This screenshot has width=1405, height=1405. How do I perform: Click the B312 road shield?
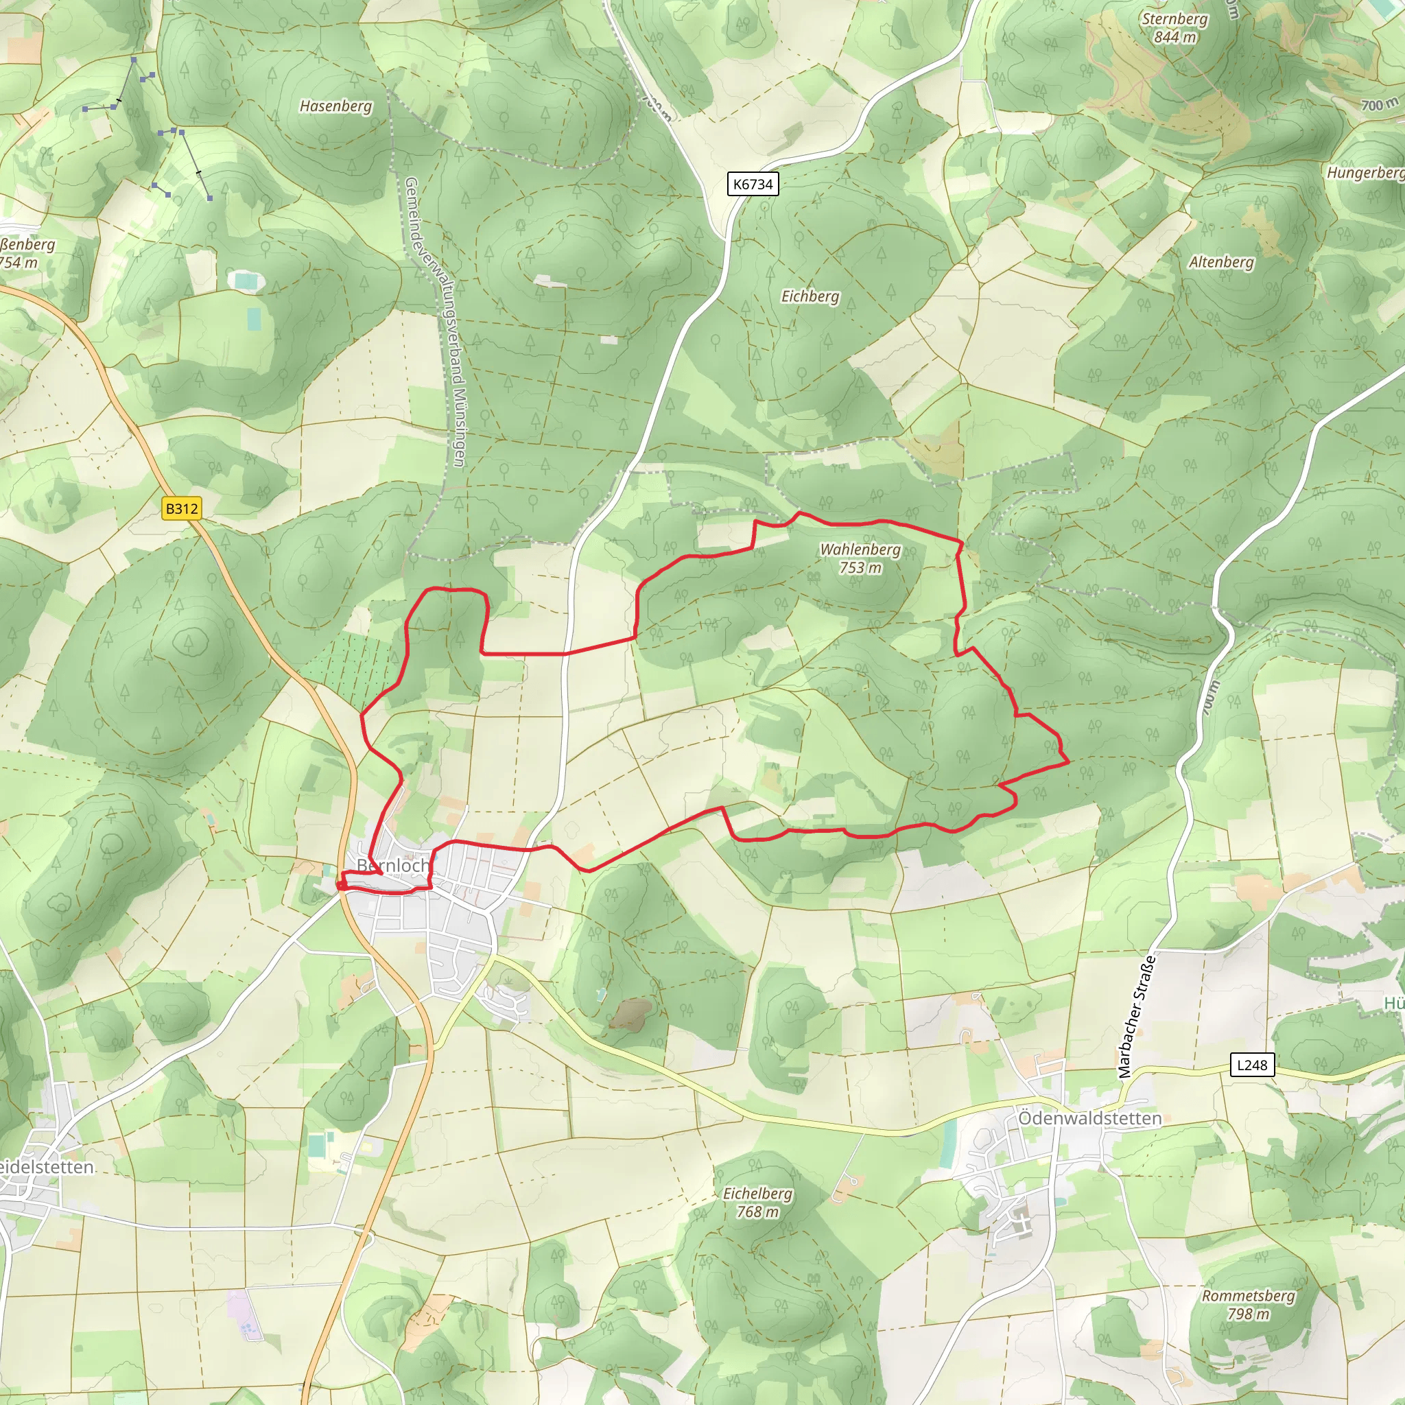(x=181, y=508)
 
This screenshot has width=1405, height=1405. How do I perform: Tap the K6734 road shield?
(x=753, y=184)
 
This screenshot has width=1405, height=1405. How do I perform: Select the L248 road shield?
(x=1251, y=1065)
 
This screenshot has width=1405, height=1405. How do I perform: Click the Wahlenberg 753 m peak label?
(x=860, y=558)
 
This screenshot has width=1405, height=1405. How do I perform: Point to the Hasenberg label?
(x=335, y=106)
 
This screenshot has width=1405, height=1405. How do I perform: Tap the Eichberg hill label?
(x=810, y=296)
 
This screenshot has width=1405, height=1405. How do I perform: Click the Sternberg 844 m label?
(x=1174, y=27)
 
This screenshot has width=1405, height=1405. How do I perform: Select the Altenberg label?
(x=1221, y=262)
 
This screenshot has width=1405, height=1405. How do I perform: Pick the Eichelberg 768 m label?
(x=757, y=1202)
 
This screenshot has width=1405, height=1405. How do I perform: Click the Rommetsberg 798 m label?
(x=1248, y=1304)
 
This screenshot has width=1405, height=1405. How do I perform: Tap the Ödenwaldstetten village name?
(x=1089, y=1118)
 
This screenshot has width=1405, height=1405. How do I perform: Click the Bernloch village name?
(x=393, y=865)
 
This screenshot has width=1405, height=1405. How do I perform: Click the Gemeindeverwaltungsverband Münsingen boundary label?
(x=434, y=320)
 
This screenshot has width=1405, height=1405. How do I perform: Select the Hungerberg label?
(x=1365, y=172)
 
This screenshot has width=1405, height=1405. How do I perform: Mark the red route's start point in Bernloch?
(x=340, y=885)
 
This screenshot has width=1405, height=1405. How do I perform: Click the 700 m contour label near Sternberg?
(x=1380, y=105)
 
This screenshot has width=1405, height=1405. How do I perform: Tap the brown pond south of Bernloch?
(x=630, y=1013)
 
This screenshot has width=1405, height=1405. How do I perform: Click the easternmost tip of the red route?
(x=1067, y=762)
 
